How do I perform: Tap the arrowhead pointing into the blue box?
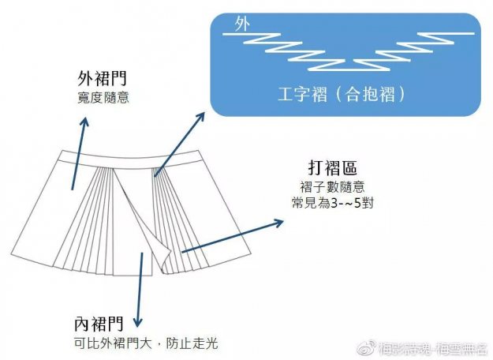(202, 115)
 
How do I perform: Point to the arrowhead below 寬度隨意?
(84, 121)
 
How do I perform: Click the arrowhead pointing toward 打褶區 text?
(278, 223)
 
